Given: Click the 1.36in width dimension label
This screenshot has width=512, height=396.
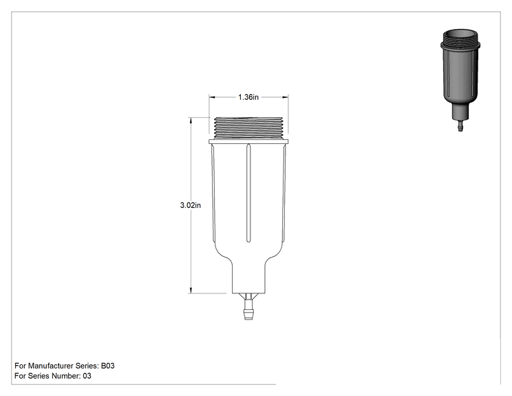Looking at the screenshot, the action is click(x=248, y=97).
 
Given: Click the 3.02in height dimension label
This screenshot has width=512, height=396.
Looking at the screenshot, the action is click(x=191, y=205).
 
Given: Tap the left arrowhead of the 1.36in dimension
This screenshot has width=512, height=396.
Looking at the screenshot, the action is click(x=212, y=97).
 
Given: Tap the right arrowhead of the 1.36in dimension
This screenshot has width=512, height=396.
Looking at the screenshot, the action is click(x=285, y=97).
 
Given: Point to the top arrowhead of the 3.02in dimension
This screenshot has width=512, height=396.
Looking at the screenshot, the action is click(x=191, y=121).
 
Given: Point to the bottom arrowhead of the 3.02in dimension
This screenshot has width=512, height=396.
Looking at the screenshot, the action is click(x=191, y=290).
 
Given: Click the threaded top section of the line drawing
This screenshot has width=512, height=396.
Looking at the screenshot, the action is click(x=248, y=127).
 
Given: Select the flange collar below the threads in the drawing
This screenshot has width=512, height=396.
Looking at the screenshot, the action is click(x=248, y=141).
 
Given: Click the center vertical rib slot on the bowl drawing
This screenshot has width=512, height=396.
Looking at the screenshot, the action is click(x=248, y=193).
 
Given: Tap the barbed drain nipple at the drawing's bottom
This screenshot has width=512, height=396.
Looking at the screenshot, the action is click(x=248, y=310).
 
